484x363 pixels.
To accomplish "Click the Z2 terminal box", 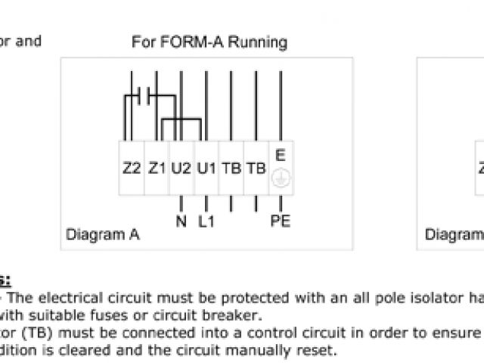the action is tap(132, 168).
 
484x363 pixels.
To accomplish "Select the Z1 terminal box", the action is tap(157, 168).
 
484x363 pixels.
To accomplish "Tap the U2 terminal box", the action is tap(181, 168).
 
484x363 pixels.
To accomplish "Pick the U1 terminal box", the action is tap(206, 168).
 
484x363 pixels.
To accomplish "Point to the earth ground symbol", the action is tap(281, 181).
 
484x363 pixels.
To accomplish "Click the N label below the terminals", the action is tap(181, 222).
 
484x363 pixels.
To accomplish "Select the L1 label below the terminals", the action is tap(206, 222).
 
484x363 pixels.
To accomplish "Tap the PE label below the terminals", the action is tap(281, 222).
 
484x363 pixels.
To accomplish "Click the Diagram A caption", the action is tap(103, 234).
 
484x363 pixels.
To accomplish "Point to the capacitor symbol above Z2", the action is tap(138, 97).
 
